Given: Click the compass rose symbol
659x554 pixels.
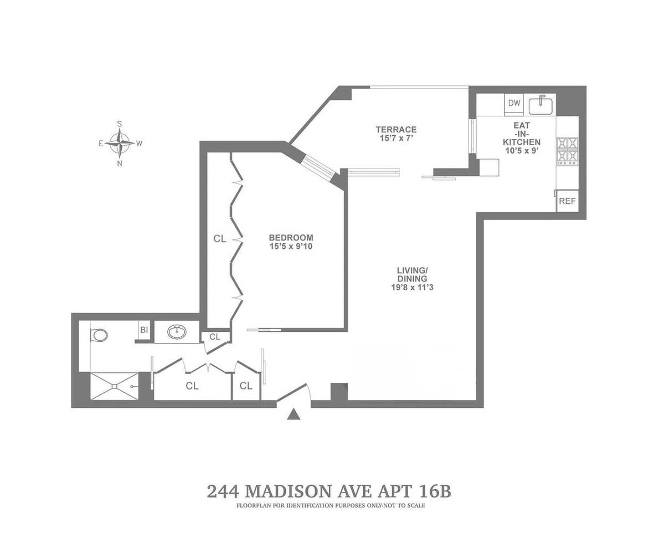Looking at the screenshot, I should (x=120, y=143).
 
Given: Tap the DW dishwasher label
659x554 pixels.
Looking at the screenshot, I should (x=514, y=103).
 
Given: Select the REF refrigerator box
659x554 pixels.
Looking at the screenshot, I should (x=567, y=201).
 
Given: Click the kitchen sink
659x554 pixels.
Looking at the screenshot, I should (x=540, y=105).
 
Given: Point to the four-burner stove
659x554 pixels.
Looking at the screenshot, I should (x=567, y=151).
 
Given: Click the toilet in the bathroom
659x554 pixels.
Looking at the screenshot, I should (x=100, y=335).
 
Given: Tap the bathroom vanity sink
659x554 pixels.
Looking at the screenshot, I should (x=177, y=332).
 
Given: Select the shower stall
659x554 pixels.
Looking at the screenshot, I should (x=114, y=386).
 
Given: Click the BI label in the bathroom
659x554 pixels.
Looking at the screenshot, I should (x=144, y=330).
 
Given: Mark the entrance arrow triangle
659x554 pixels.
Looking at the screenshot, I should (x=294, y=414).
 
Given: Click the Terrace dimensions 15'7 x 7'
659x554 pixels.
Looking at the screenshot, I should (x=396, y=139).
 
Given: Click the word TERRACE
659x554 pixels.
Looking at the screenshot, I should (x=396, y=130).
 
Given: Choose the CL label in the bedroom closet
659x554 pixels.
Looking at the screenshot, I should (x=220, y=239).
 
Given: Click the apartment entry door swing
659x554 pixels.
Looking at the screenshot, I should (x=294, y=392).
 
